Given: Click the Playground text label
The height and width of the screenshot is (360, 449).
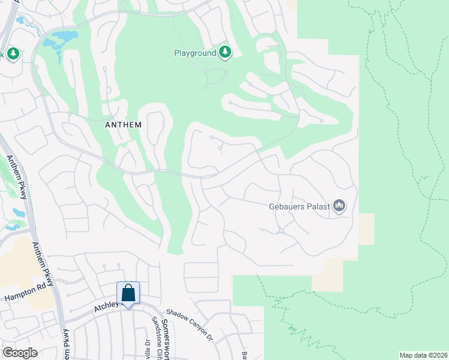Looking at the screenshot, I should point(194,53).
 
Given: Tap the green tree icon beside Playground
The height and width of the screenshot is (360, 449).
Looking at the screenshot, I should point(225,52).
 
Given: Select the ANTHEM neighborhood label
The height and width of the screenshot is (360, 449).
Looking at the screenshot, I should point(123,125).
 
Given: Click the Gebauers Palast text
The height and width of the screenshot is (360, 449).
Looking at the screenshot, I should point(299,206).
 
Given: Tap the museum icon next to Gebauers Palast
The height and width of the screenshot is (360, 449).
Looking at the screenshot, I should point(339,206).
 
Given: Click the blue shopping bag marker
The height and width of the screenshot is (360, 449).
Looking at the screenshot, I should point(128,293).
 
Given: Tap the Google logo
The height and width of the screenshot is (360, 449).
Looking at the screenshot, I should point(19,352).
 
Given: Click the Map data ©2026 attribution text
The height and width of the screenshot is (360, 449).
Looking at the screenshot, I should point(423,355).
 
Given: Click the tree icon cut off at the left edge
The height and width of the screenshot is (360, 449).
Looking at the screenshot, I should point(12,54).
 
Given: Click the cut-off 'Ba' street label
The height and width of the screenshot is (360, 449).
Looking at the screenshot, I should point(245,355).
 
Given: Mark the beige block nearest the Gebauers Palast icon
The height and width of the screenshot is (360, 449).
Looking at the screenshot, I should point(365,228).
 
